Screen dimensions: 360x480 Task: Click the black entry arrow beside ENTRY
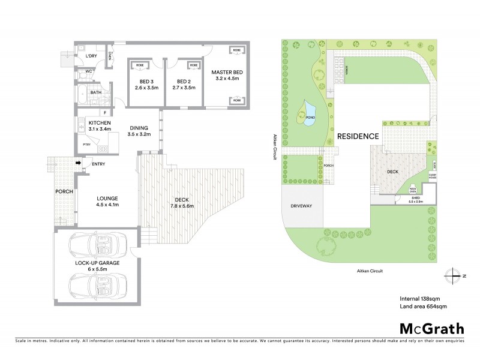coord(78,163)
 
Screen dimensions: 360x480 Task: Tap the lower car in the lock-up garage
coord(96,282)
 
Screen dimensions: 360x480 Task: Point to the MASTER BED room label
coord(225,75)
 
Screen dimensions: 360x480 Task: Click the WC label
coord(88,71)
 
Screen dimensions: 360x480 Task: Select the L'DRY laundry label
coord(91,56)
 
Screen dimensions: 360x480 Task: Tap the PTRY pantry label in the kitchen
coord(86,145)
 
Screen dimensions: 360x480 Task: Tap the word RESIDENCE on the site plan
coord(358,136)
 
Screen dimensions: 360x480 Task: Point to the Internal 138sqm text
coord(419,298)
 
